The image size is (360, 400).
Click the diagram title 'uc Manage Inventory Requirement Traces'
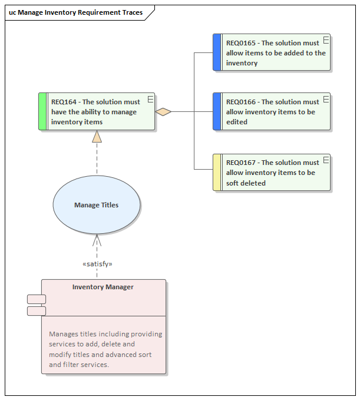[75, 12]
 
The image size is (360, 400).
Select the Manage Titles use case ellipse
[97, 205]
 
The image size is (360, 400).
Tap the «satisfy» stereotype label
[97, 264]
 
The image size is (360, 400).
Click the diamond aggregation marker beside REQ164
[163, 111]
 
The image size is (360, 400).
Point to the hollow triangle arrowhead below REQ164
[97, 137]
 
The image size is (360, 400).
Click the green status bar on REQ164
[42, 111]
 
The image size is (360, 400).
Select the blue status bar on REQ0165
[217, 52]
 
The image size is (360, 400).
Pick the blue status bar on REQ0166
[217, 111]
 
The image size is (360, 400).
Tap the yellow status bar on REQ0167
[217, 173]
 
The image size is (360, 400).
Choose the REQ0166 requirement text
[272, 112]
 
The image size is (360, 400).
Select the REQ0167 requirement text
[272, 173]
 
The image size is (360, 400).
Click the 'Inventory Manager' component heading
[103, 287]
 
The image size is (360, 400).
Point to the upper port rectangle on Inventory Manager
[37, 299]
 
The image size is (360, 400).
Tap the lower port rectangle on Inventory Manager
[37, 310]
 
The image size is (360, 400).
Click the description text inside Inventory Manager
[105, 349]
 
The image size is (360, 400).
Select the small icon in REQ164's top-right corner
[150, 98]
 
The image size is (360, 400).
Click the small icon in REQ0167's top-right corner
[325, 160]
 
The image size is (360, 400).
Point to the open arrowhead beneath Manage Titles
[97, 240]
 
